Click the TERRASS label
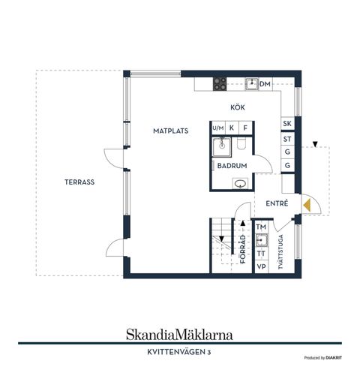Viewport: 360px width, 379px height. click(79, 182)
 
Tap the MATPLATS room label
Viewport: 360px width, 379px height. click(170, 130)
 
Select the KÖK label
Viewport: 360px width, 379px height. click(238, 107)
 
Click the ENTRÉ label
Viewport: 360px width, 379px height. click(277, 203)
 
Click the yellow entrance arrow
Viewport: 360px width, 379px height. click(307, 203)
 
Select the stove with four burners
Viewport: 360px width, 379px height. click(220, 84)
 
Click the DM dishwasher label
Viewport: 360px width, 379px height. click(265, 84)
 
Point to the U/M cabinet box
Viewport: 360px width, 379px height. click(218, 128)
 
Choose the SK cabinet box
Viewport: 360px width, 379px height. click(286, 124)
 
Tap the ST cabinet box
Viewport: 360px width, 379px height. click(286, 139)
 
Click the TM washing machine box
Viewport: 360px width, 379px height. click(261, 227)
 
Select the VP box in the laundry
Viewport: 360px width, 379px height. click(261, 266)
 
